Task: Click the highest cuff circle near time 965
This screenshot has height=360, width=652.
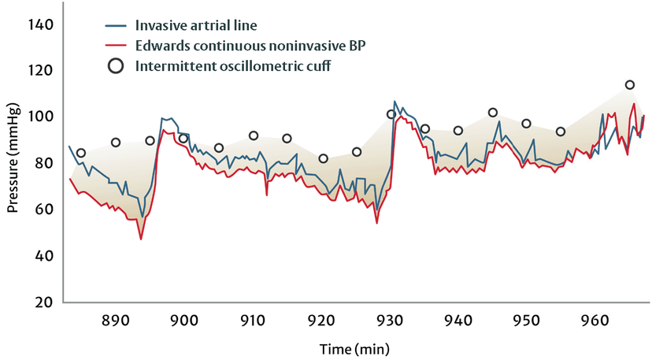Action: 630,85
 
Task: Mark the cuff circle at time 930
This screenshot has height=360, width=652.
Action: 391,114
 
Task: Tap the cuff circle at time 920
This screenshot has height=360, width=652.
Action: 323,158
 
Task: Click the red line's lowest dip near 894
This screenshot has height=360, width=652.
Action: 141,239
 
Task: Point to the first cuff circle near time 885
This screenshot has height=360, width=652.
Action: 81,153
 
